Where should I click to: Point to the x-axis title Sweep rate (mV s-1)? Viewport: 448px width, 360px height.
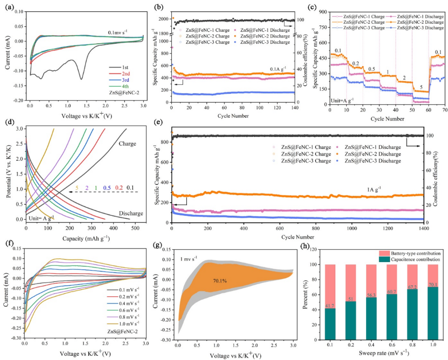(x=378, y=354)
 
